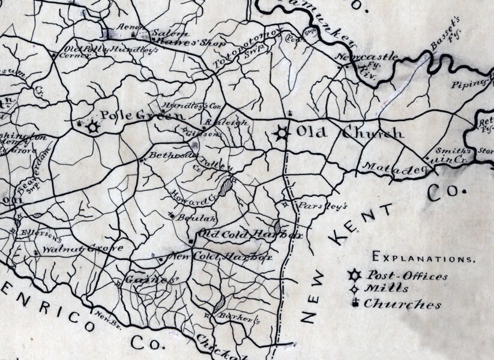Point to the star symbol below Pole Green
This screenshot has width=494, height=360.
92,127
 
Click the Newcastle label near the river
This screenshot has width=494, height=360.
367,58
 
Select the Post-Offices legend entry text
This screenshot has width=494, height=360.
408,277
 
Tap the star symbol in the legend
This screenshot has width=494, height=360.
355,276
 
